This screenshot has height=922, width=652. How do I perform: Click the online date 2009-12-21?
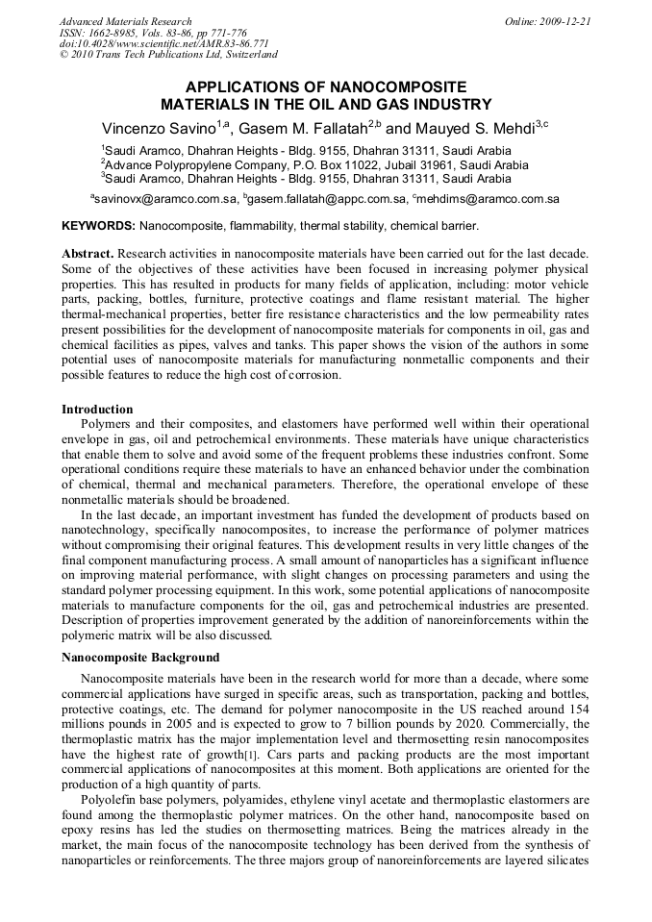[x=566, y=21]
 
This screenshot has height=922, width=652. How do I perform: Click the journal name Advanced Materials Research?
[x=125, y=21]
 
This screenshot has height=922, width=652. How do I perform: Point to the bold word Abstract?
[x=87, y=253]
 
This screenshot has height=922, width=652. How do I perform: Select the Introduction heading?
[x=97, y=410]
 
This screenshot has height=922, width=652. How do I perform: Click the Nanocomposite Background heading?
[x=140, y=658]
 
